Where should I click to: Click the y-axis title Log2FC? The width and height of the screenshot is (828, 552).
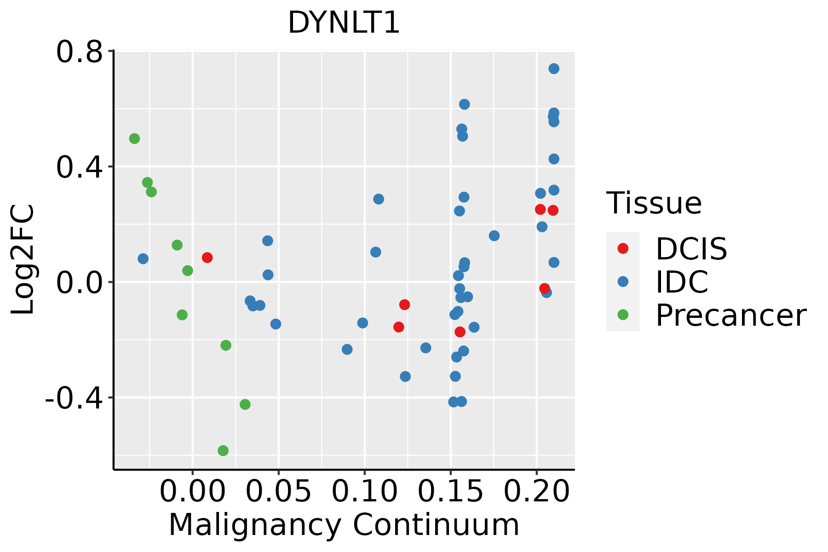pyautogui.click(x=23, y=259)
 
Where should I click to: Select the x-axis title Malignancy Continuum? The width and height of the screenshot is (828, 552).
pyautogui.click(x=344, y=525)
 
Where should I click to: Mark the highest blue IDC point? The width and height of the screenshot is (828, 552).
pyautogui.click(x=554, y=69)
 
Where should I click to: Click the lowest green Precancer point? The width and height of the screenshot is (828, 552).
pyautogui.click(x=223, y=450)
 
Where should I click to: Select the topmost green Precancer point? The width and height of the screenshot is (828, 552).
pyautogui.click(x=134, y=138)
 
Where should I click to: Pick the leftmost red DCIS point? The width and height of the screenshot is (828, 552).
pyautogui.click(x=207, y=257)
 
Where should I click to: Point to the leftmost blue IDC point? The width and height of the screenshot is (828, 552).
pyautogui.click(x=143, y=259)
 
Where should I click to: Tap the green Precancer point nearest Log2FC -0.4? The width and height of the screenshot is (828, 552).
pyautogui.click(x=245, y=404)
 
